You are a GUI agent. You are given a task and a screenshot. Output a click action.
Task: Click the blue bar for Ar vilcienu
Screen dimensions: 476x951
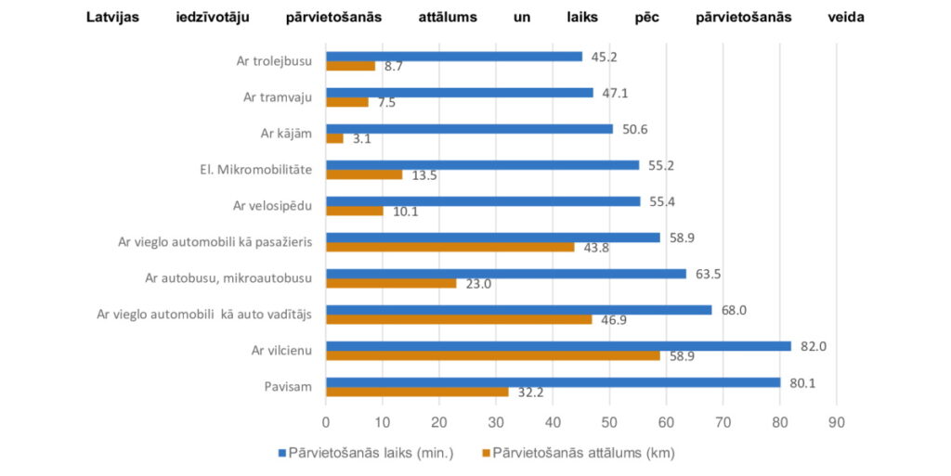tap(557, 346)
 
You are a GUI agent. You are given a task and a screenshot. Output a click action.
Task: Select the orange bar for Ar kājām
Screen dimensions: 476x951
tap(334, 138)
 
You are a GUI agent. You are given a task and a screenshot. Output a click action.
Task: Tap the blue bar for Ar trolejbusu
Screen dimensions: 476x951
tap(453, 57)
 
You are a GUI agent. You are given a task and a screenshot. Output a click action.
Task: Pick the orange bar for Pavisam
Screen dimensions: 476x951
tap(417, 392)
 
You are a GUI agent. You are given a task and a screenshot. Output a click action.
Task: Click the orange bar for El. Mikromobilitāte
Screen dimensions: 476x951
tap(363, 174)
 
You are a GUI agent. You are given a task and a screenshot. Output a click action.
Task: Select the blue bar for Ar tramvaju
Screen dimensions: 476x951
tap(459, 93)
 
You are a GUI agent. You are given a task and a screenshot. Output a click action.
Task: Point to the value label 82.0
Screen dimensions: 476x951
tap(813, 346)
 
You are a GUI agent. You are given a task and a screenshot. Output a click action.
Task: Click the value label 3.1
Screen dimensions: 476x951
tap(363, 139)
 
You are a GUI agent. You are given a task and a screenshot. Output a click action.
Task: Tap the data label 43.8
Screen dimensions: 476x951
tap(596, 248)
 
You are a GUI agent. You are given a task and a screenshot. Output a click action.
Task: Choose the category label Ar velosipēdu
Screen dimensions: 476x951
tap(271, 205)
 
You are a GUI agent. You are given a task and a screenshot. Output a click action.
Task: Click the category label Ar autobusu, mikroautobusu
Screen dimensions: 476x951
tap(228, 277)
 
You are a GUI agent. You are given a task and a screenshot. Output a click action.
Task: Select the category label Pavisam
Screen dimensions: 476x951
tap(286, 387)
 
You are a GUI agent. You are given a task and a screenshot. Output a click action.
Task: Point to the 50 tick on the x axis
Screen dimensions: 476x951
tap(609, 422)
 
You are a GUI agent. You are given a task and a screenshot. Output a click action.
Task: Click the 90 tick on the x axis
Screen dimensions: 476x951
tap(837, 422)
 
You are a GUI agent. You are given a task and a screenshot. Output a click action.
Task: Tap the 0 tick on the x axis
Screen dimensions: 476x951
tap(325, 422)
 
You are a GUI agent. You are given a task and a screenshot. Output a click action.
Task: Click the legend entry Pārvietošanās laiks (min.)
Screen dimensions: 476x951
tap(371, 453)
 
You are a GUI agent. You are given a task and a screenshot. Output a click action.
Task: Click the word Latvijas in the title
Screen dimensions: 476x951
tap(118, 17)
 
